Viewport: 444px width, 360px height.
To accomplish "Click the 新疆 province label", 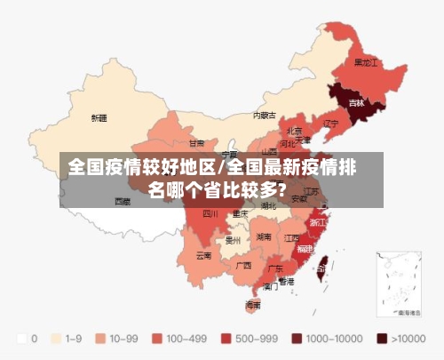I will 99,117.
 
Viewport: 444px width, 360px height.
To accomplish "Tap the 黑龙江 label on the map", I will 366,63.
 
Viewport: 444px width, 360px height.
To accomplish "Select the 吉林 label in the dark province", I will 356,103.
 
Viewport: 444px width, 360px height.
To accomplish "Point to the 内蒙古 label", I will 264,115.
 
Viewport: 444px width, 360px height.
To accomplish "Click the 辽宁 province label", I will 331,123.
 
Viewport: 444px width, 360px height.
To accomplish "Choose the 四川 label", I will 210,213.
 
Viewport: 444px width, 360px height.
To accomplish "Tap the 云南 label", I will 203,255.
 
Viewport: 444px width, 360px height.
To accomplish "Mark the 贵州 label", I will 234,239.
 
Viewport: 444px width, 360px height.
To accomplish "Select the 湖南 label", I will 264,237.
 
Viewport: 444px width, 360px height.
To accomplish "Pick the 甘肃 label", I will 196,142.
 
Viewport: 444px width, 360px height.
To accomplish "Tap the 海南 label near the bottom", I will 253,305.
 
